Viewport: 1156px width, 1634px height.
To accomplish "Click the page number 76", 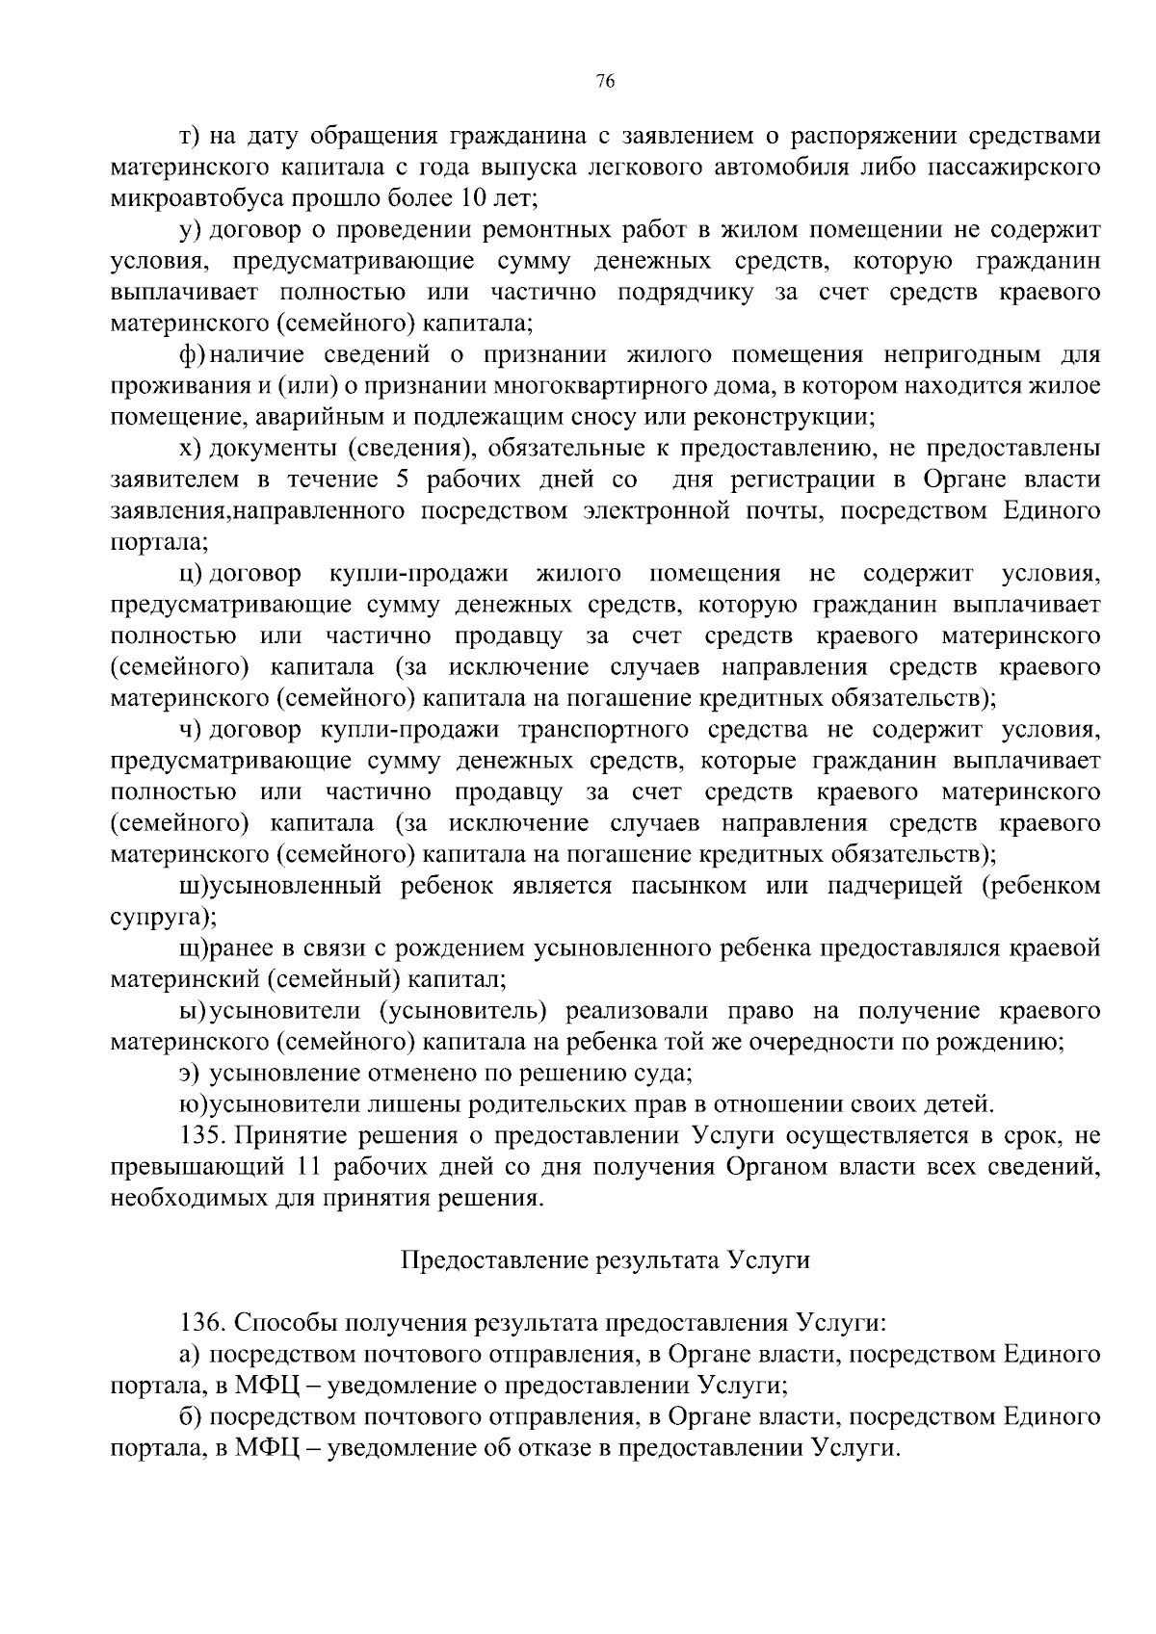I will [x=605, y=82].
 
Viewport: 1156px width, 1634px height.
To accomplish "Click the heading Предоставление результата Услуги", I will [x=605, y=1260].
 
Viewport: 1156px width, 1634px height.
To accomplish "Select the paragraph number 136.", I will [x=202, y=1323].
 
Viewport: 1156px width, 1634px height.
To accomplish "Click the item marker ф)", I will [x=192, y=355].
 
